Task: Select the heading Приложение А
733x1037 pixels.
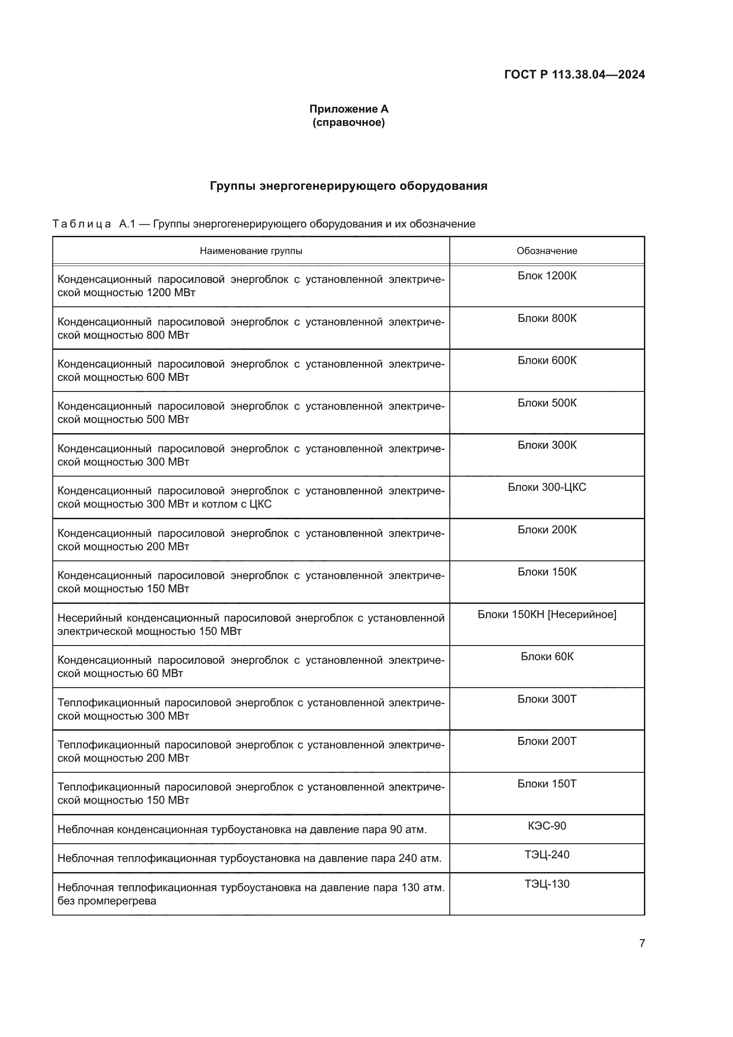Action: (348, 109)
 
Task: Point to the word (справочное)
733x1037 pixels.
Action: (348, 122)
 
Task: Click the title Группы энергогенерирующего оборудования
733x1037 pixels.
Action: (348, 186)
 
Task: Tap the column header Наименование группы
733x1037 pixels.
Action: (251, 251)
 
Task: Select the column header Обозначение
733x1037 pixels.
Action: (546, 251)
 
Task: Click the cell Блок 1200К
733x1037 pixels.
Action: (546, 276)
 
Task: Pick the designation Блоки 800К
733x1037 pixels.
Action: (546, 318)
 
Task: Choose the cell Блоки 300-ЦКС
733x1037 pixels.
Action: (546, 487)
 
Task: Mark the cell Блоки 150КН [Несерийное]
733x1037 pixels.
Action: (546, 614)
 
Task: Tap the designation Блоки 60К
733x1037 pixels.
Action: (546, 657)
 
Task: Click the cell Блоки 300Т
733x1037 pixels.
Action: (546, 699)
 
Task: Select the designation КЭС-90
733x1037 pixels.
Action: (546, 826)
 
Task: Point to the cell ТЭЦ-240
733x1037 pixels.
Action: (546, 855)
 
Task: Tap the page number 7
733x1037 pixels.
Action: (642, 943)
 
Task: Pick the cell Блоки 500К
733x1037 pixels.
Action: (546, 403)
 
